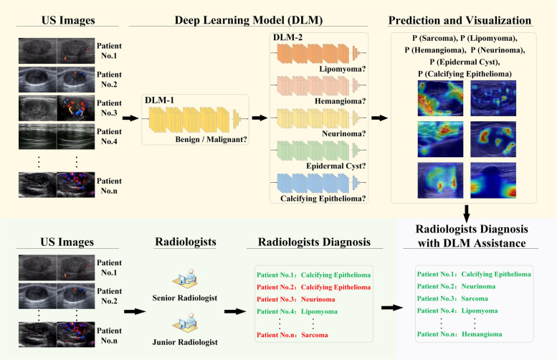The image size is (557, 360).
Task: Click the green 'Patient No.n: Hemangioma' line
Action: click(460, 334)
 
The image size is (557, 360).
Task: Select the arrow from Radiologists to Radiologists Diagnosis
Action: click(234, 312)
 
